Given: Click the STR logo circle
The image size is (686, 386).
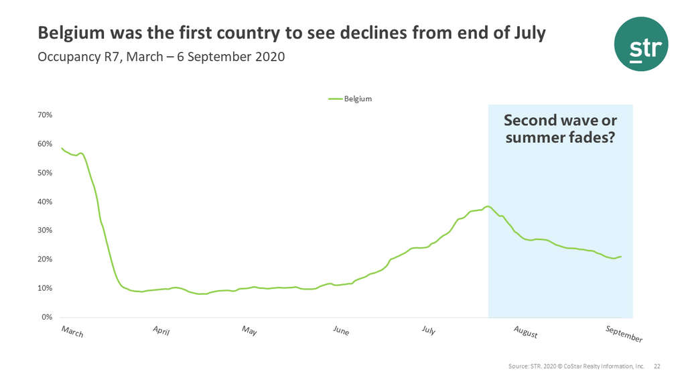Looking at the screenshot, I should [641, 44].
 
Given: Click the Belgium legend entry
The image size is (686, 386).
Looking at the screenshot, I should [350, 99].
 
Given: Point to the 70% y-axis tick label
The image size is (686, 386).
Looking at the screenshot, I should [44, 115].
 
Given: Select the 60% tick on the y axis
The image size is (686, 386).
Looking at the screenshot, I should [44, 144].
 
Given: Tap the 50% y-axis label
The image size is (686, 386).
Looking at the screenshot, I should [44, 173].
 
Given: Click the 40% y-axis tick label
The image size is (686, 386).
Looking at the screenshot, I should [44, 202].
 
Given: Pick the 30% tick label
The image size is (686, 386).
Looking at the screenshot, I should [44, 231].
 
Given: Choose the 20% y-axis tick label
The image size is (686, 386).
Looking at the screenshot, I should [44, 259].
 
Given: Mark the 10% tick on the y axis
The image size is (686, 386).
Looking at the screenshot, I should [44, 288].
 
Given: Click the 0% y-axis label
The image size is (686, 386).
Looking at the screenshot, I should [47, 317].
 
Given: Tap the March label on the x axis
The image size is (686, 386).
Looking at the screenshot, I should [72, 331].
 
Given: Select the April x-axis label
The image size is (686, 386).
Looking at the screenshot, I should [161, 331].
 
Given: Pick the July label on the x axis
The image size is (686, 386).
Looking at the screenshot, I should [429, 330].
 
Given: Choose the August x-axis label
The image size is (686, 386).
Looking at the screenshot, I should [525, 332].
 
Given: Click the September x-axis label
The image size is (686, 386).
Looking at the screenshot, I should [624, 334].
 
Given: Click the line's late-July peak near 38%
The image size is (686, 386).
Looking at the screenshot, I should [488, 206].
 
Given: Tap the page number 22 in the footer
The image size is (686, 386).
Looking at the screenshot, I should [657, 367].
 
